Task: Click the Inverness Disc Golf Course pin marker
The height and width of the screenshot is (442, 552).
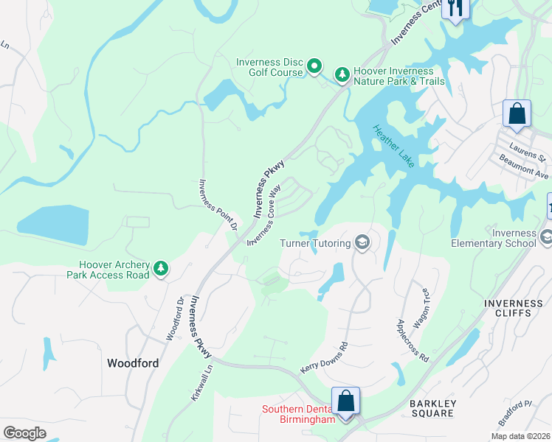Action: coord(314,67)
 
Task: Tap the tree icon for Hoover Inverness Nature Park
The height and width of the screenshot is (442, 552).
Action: coord(342,74)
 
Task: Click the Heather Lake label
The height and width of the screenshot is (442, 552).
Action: coord(394,146)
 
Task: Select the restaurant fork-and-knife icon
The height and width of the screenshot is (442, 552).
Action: coord(456,8)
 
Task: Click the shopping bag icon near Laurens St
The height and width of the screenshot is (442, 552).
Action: coord(517,114)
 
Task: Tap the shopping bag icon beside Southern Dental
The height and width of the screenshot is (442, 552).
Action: coord(345,401)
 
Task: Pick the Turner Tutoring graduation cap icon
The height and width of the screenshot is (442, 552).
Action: coord(362,242)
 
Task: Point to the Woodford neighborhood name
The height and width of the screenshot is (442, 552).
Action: coord(133,362)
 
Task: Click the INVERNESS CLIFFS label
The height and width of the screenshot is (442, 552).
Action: coord(513,309)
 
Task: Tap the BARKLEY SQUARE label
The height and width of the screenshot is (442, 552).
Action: coord(433,408)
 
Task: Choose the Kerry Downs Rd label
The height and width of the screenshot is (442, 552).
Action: coord(324,358)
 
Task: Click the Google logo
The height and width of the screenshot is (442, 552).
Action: coord(24,432)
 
